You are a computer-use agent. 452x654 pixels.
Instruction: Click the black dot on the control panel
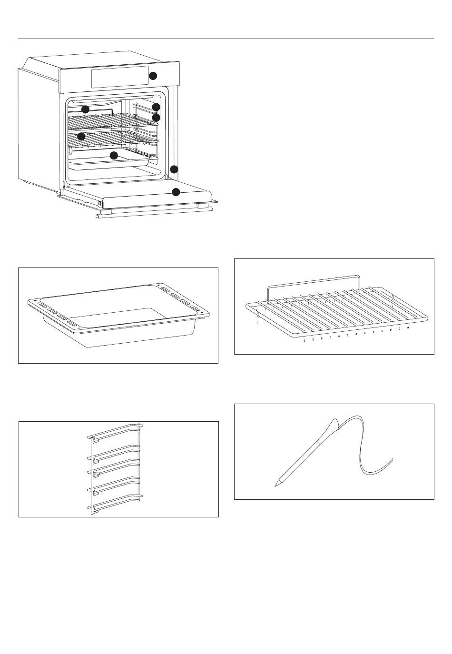[153, 76]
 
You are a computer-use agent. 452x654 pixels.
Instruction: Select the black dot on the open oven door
[176, 192]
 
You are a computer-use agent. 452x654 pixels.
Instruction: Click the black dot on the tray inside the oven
[114, 155]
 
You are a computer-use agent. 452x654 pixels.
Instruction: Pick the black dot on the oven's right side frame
[174, 169]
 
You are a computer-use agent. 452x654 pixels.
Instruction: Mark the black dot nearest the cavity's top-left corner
[85, 109]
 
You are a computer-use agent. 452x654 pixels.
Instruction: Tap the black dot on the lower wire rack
[81, 136]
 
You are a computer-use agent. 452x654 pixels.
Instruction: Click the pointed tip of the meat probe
[275, 485]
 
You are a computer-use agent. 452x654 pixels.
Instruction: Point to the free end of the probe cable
[393, 458]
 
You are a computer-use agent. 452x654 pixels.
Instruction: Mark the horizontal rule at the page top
[226, 39]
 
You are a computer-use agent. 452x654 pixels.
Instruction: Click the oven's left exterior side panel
[38, 129]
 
